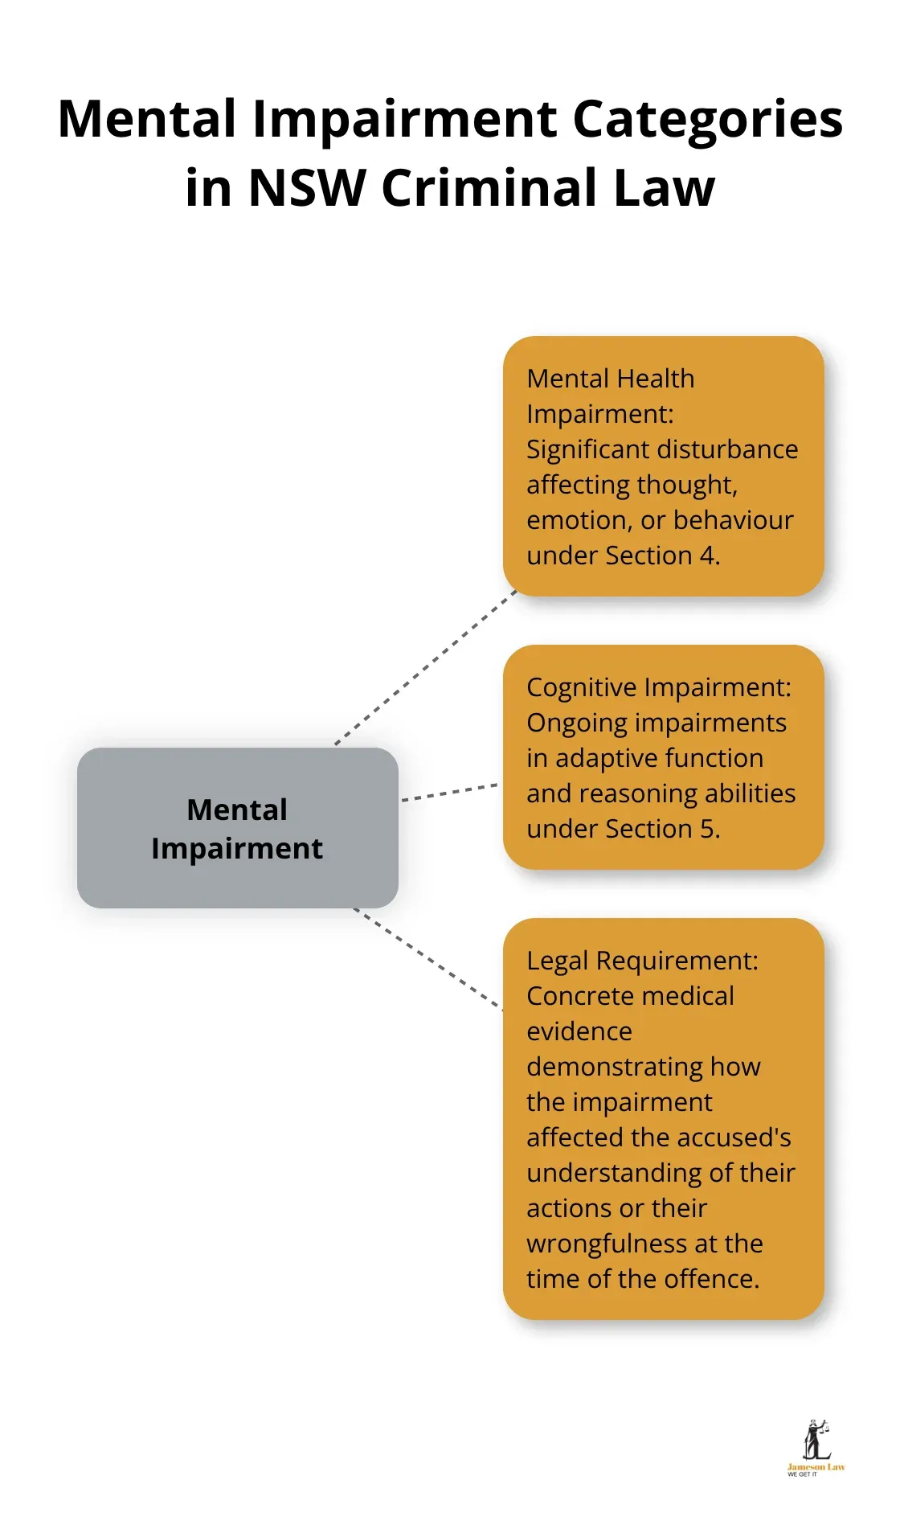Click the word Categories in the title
click(707, 120)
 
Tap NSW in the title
click(306, 188)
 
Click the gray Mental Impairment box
click(237, 828)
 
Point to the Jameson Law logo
click(816, 1448)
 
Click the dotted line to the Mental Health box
click(426, 667)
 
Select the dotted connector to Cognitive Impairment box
click(449, 792)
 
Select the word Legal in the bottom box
click(557, 961)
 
